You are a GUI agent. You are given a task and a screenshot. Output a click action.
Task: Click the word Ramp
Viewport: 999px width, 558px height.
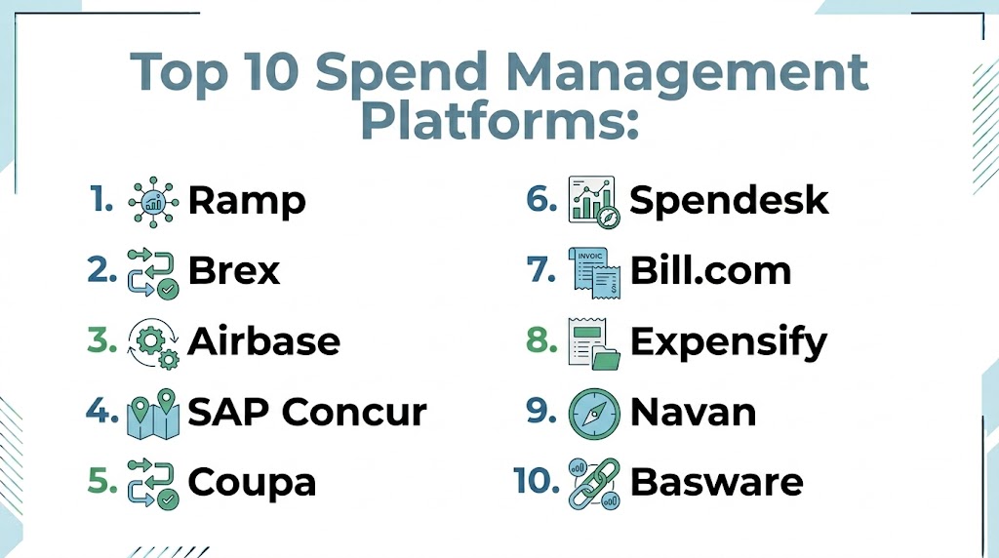pos(247,201)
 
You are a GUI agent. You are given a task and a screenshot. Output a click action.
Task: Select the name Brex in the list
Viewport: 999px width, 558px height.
pos(234,271)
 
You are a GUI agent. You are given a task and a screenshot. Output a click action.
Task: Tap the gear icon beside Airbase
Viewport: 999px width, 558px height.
pos(153,343)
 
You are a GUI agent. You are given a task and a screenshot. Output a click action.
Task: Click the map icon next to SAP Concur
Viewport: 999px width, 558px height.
pos(153,414)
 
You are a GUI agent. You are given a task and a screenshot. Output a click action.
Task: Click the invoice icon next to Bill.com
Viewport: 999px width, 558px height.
pos(594,272)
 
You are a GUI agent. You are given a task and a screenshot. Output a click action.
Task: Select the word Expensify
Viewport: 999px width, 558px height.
pos(728,342)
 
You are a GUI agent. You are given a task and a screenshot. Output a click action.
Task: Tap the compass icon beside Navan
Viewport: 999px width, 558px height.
pos(594,414)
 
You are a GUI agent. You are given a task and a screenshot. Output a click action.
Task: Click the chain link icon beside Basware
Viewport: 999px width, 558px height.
pos(594,484)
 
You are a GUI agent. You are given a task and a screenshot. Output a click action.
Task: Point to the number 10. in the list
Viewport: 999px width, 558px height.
pos(536,480)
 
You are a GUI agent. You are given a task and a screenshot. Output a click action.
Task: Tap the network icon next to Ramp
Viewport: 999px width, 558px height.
pos(153,202)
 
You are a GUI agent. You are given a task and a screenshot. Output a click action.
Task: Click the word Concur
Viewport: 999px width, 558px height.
pos(354,412)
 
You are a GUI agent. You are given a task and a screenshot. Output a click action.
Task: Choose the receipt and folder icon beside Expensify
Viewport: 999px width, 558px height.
pos(594,343)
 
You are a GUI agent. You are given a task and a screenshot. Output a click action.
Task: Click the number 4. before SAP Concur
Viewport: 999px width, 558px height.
pos(101,411)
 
